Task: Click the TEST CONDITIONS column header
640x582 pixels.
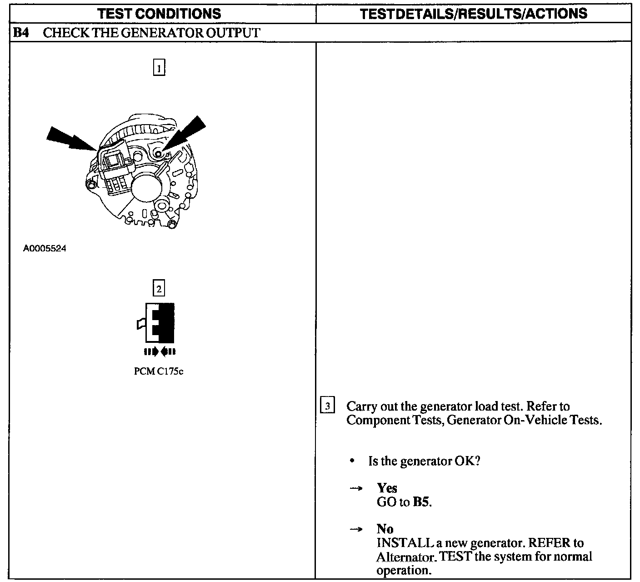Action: (x=159, y=14)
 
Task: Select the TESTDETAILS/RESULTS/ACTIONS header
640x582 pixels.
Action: (x=474, y=14)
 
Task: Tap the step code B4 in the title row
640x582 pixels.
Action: (x=21, y=33)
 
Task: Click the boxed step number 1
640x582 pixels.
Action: (x=159, y=67)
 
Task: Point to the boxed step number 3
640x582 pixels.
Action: (x=327, y=405)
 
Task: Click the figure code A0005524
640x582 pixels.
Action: (x=45, y=248)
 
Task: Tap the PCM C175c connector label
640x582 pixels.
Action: (x=159, y=371)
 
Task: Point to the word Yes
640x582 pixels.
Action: (x=387, y=488)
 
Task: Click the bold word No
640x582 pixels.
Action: (x=385, y=529)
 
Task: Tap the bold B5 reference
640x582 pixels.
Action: (x=421, y=502)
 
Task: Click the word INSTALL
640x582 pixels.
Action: (x=405, y=543)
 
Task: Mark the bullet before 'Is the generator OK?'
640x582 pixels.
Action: (x=352, y=461)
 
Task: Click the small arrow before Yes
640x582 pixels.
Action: (x=356, y=488)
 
